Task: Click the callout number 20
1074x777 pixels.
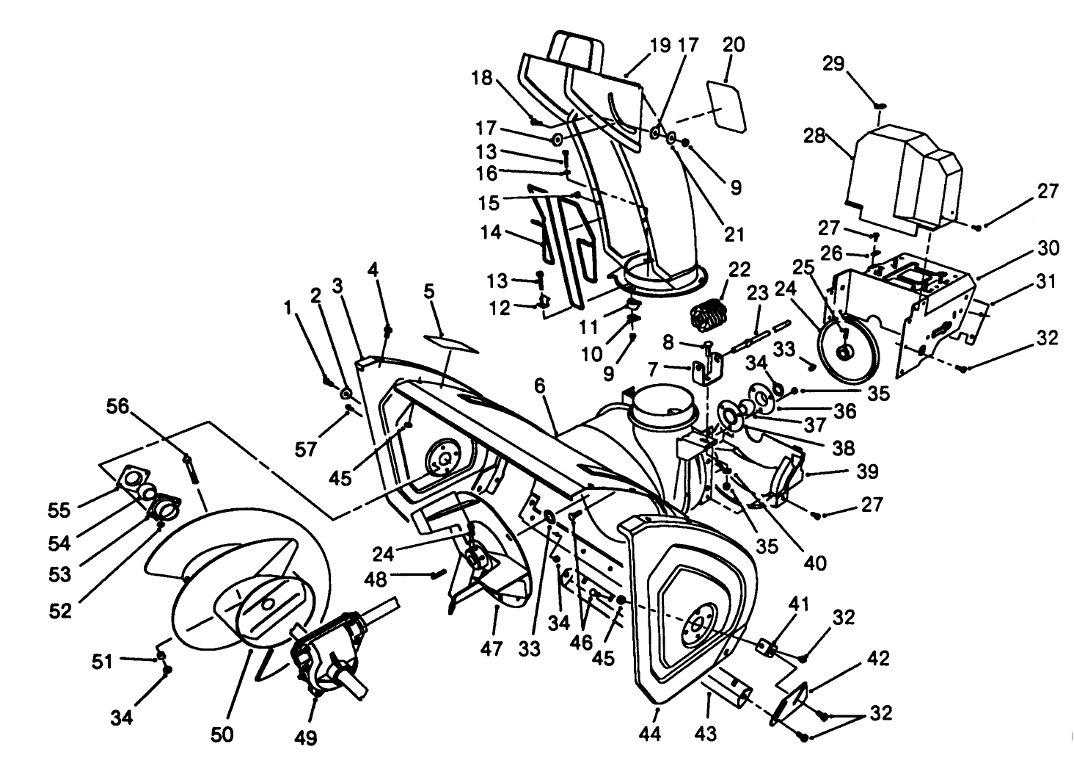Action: (733, 45)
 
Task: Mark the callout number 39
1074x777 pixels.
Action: (842, 471)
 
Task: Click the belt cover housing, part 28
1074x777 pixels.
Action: (902, 176)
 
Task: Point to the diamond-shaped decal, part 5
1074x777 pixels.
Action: (450, 342)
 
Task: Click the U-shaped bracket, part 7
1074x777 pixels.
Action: (706, 368)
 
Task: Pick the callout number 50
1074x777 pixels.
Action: (222, 734)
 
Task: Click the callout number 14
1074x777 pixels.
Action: (490, 233)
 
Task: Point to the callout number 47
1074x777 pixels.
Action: (492, 648)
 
